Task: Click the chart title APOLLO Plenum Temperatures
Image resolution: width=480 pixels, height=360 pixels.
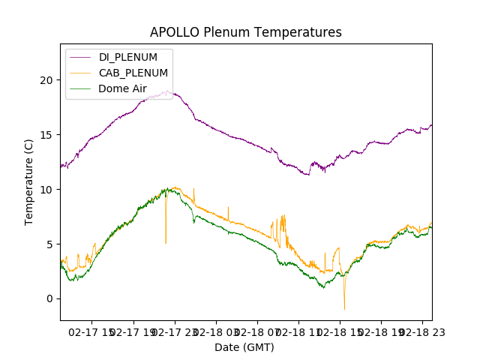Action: click(x=245, y=32)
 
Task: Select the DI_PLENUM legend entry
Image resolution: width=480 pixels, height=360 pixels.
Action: click(x=127, y=57)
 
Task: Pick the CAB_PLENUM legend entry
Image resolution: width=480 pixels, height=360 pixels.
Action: click(x=133, y=73)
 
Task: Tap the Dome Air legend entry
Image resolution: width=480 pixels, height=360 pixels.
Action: click(x=122, y=88)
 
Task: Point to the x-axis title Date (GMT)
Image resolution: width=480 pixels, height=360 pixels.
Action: click(x=244, y=347)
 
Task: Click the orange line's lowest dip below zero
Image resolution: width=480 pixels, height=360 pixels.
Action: click(x=344, y=308)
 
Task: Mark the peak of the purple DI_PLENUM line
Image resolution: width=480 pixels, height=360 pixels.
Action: click(x=166, y=91)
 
